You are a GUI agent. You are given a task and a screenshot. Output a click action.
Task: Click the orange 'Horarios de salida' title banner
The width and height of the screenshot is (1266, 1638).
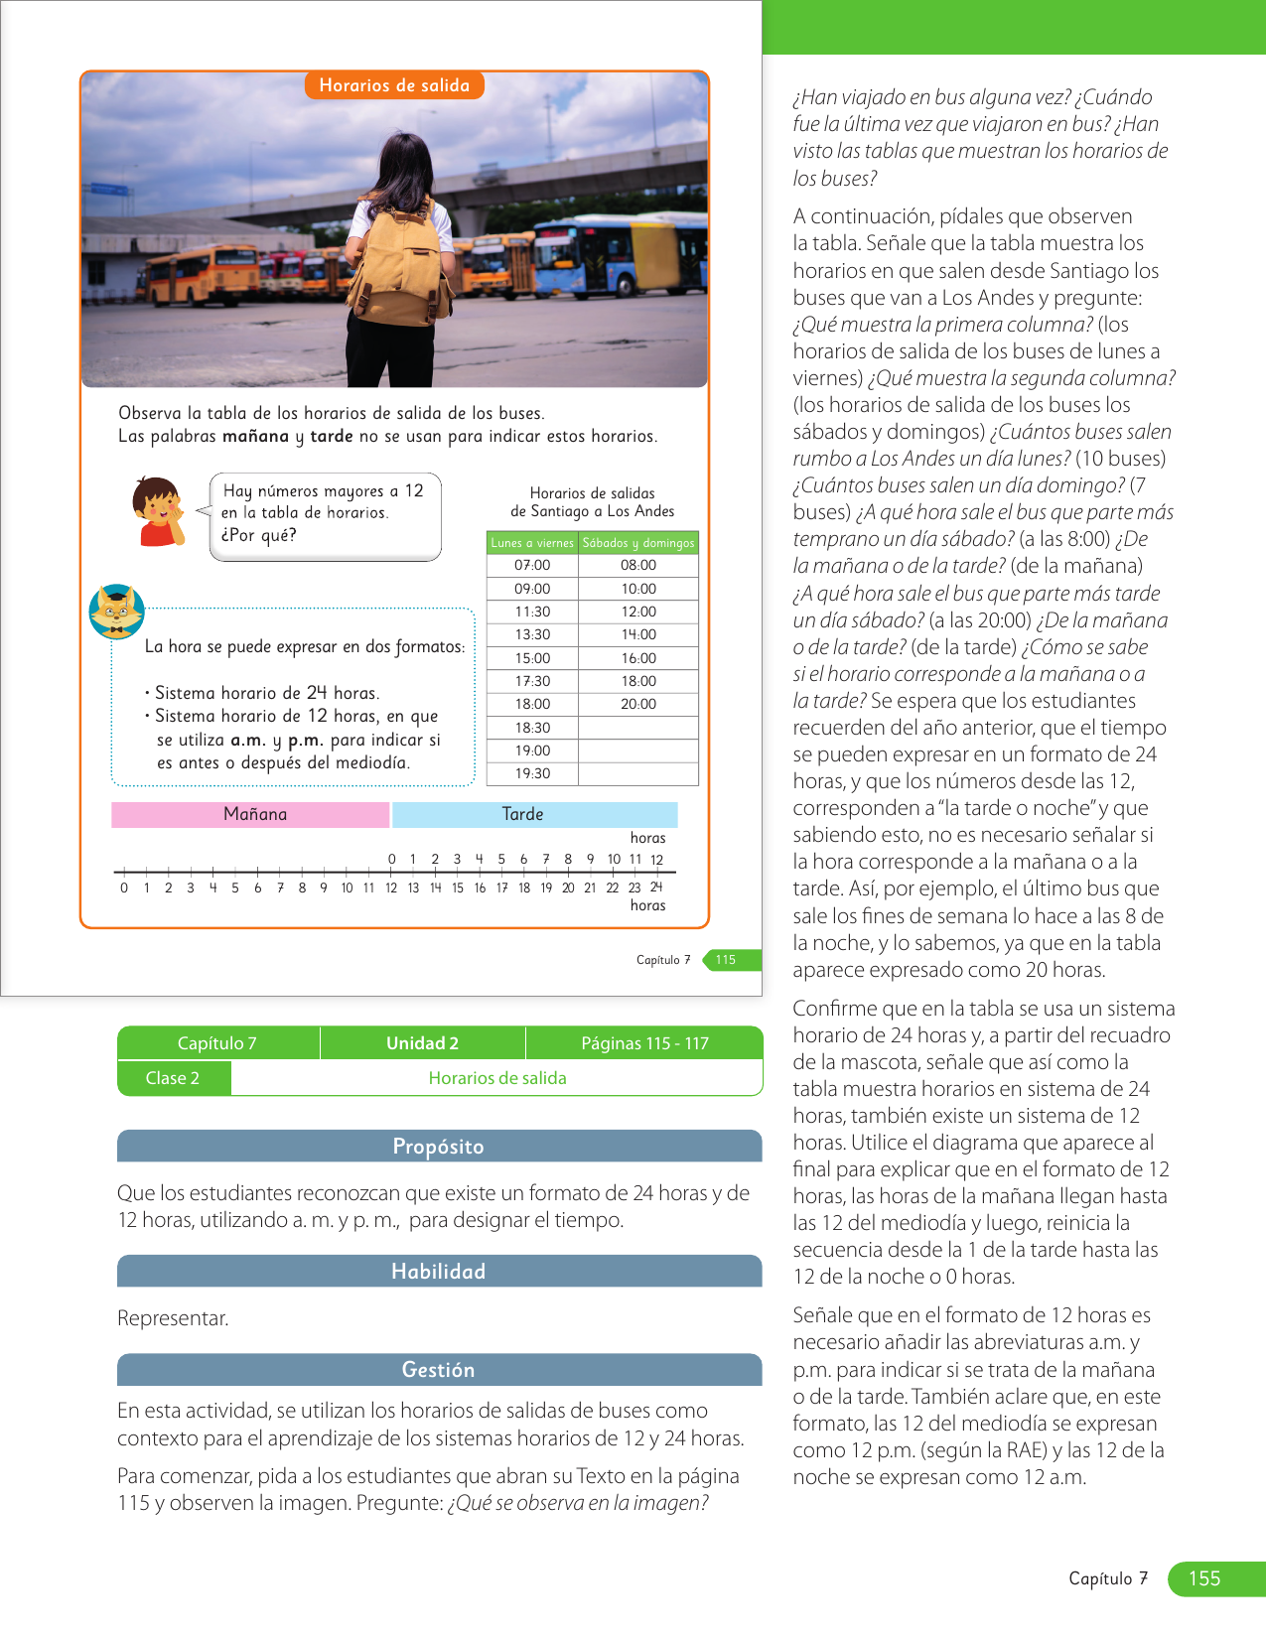tap(394, 85)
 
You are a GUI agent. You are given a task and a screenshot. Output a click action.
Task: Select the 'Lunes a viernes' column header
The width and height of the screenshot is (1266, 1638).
tap(532, 543)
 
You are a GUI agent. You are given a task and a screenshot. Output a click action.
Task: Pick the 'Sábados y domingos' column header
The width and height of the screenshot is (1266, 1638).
tap(638, 543)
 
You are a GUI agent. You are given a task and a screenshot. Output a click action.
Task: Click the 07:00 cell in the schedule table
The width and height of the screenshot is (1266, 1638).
tap(532, 566)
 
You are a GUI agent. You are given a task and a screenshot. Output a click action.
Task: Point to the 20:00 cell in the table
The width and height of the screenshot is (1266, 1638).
tap(638, 704)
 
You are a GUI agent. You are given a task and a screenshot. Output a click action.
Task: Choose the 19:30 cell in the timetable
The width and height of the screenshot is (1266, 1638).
tap(532, 773)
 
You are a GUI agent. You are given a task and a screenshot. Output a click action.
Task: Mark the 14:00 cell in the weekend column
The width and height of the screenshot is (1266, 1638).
tap(638, 634)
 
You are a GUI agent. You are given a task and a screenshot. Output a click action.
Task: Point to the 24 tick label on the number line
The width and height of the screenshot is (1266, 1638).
tap(656, 887)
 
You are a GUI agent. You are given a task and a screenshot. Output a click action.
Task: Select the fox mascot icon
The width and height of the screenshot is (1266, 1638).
tap(117, 612)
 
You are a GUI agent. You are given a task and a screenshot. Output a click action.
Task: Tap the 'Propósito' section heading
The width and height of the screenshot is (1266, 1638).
tap(439, 1146)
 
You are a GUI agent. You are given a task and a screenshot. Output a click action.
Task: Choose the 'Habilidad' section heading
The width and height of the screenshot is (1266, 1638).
tap(439, 1271)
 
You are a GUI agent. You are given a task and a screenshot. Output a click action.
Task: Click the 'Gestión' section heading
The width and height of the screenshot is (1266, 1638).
tap(439, 1370)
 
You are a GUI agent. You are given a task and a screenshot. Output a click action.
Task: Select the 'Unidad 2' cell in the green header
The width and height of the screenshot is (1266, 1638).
tap(422, 1043)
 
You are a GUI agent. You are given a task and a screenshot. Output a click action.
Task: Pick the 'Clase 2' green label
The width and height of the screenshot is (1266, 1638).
tap(173, 1078)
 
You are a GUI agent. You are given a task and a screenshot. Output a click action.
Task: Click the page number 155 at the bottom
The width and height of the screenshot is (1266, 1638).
tap(1205, 1578)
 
